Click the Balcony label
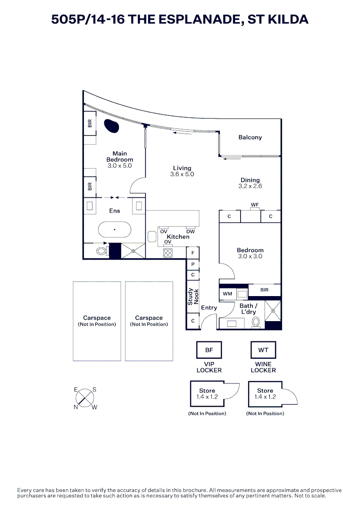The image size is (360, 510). click(x=250, y=137)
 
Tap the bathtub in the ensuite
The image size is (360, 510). click(x=114, y=230)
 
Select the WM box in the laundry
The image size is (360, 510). click(x=227, y=294)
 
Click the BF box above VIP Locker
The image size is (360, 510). click(x=209, y=350)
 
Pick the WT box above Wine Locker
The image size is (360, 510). click(x=263, y=350)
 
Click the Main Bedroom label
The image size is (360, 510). click(x=119, y=156)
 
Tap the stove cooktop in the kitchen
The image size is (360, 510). click(x=167, y=253)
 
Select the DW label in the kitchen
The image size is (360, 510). click(x=190, y=231)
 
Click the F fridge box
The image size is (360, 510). click(x=193, y=253)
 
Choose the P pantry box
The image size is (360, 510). click(x=193, y=264)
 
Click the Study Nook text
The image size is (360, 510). click(x=193, y=297)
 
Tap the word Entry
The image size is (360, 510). click(x=209, y=308)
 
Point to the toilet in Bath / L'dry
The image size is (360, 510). click(x=256, y=322)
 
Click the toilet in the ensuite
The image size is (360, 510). click(x=101, y=251)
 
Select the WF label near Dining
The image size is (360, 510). click(x=255, y=205)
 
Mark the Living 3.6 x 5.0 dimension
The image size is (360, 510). click(x=182, y=174)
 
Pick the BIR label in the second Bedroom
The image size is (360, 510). click(x=264, y=290)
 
